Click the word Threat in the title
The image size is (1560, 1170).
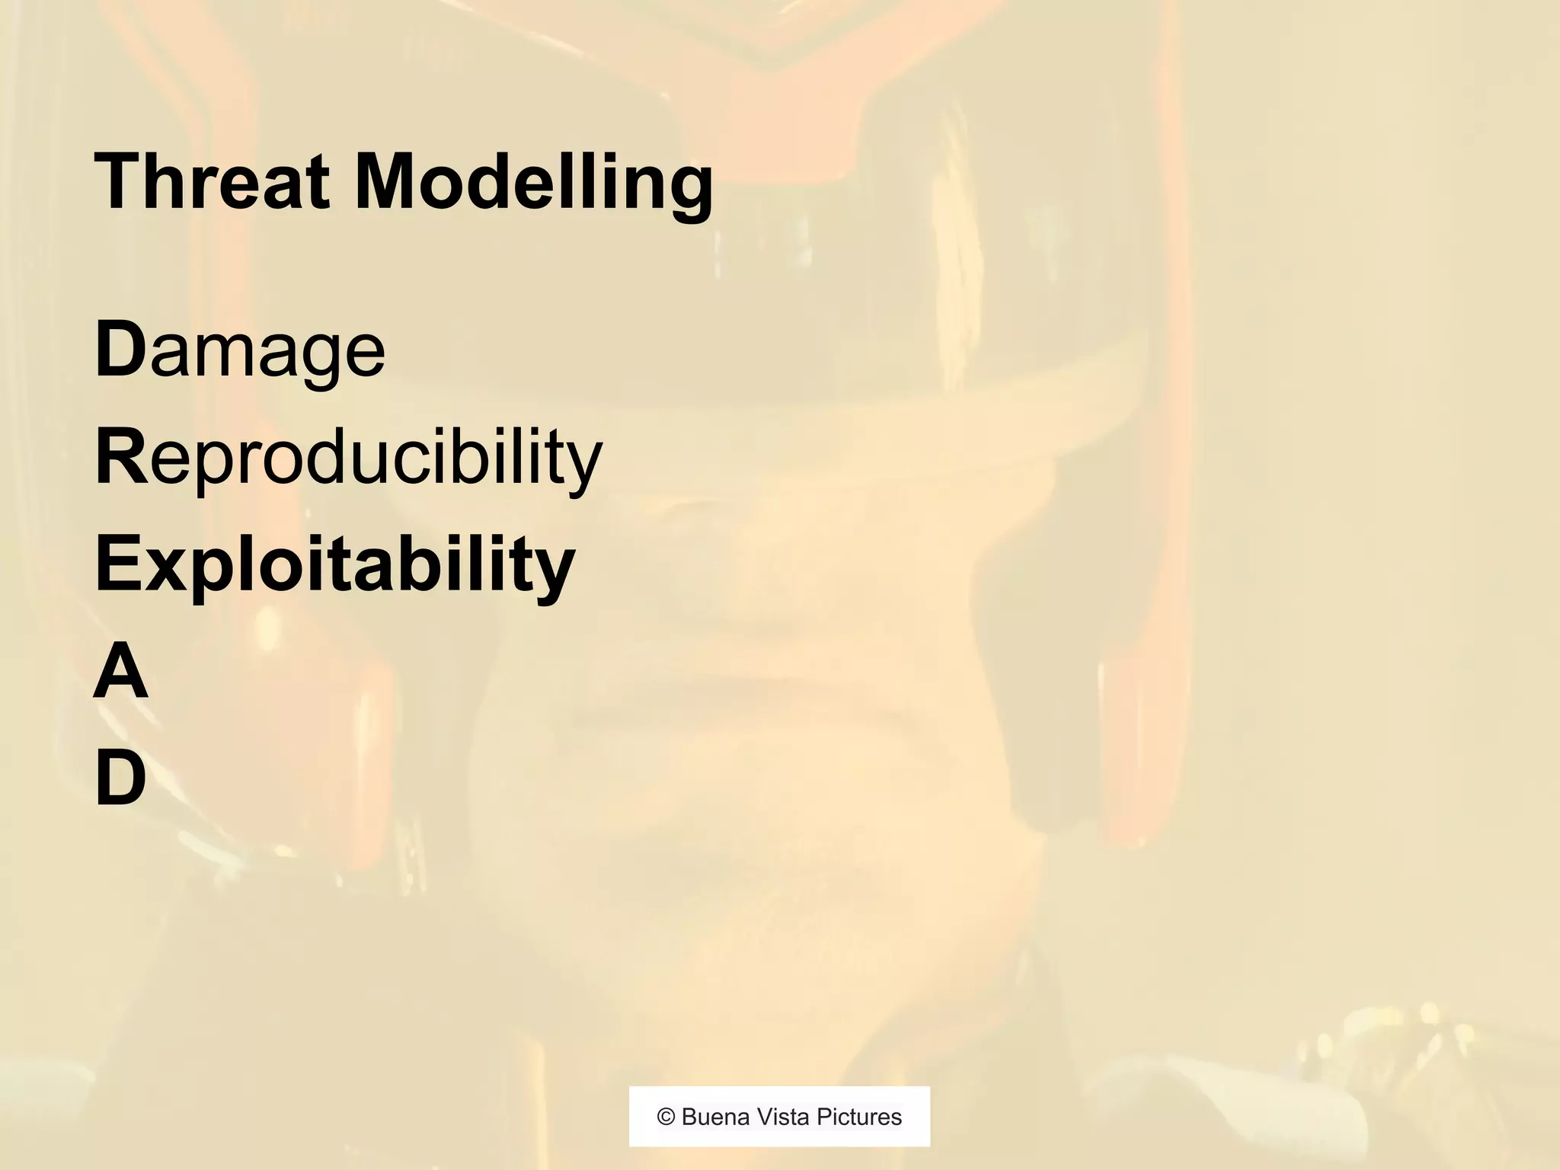tap(212, 183)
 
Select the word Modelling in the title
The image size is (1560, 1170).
tap(533, 183)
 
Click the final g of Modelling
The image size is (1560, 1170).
tap(689, 190)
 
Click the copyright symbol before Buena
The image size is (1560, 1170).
tap(667, 1117)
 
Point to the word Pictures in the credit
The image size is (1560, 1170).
tap(859, 1117)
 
